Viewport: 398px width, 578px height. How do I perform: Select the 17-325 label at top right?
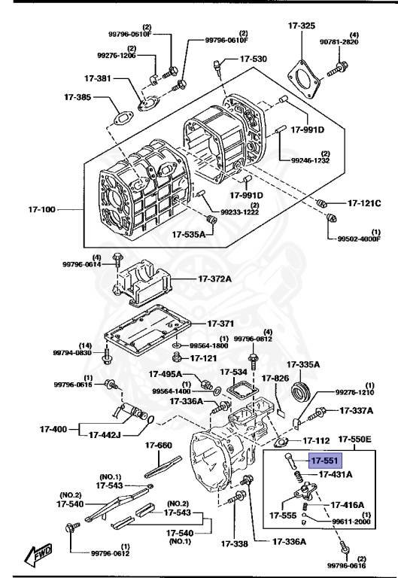point(301,26)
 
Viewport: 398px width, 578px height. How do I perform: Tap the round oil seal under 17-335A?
point(300,390)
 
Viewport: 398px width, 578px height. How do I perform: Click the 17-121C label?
point(364,203)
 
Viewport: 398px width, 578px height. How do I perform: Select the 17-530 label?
point(254,59)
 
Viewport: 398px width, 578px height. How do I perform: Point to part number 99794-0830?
point(71,352)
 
